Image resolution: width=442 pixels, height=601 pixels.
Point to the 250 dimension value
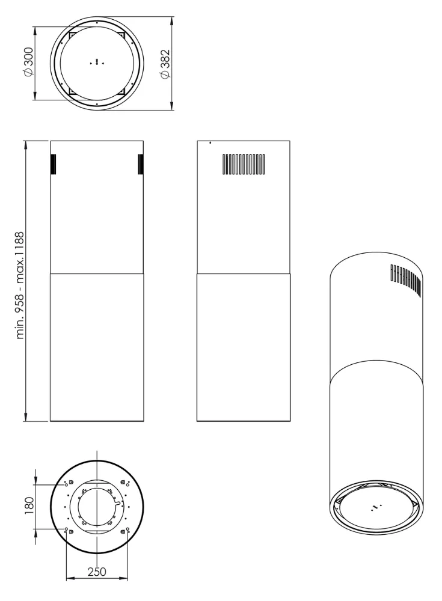pos(97,572)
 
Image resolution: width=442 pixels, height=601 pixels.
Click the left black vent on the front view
pos(53,164)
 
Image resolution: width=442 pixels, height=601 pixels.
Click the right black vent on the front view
pos(141,164)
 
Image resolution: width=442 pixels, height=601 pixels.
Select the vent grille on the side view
pos(244,164)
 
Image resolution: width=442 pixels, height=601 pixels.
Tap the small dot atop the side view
pos(210,143)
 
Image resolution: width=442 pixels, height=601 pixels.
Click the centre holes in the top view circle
pos(97,63)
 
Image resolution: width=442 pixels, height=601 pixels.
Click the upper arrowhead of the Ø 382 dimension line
pos(173,19)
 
